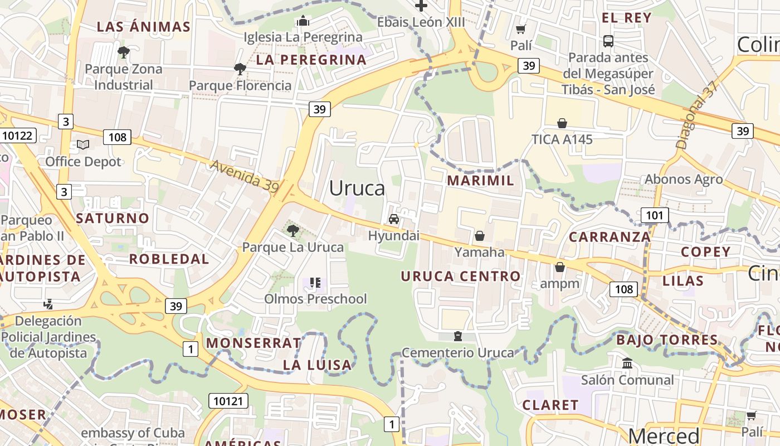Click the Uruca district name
(357, 188)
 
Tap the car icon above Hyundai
(394, 219)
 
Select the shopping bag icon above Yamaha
(479, 236)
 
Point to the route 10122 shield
(18, 135)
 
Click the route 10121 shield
(228, 401)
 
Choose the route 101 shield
(654, 215)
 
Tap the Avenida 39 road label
(245, 177)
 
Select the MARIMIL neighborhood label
(480, 181)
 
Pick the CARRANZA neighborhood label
(610, 237)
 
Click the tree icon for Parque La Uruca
(292, 230)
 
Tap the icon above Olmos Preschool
(315, 283)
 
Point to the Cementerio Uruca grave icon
(458, 336)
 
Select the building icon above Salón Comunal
(627, 363)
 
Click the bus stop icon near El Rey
(608, 41)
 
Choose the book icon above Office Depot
(83, 145)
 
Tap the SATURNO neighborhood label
(113, 218)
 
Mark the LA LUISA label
(318, 365)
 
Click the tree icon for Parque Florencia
(240, 69)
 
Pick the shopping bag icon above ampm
(560, 267)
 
